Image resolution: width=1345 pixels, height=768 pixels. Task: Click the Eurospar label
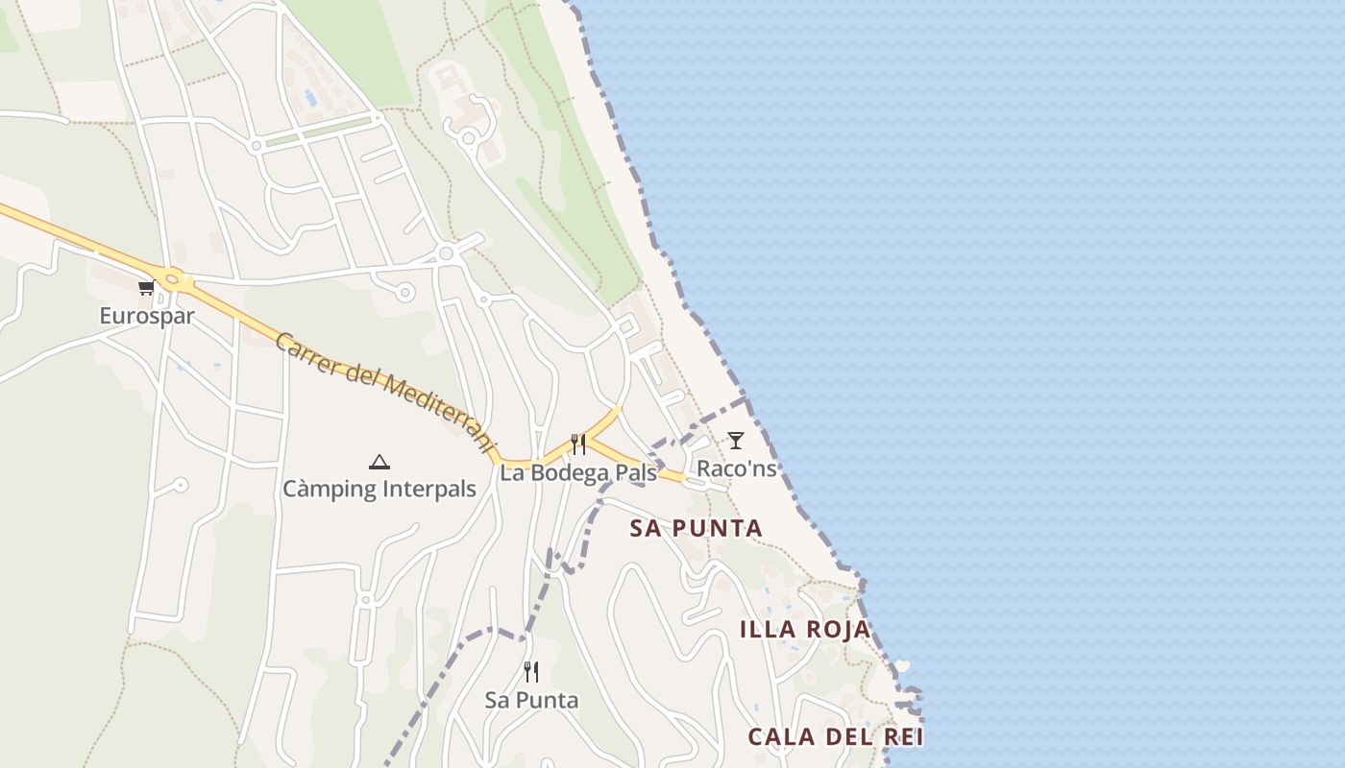tap(147, 316)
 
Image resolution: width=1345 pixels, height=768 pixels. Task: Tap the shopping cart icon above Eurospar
tap(146, 287)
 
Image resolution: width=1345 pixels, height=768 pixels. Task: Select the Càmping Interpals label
tap(379, 489)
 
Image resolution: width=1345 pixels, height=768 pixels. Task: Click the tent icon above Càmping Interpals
tap(379, 462)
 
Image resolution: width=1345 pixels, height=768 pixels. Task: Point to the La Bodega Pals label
tap(578, 472)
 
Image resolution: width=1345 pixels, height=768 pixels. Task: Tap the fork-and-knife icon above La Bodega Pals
tap(578, 444)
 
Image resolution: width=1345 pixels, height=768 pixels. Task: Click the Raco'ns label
tap(736, 468)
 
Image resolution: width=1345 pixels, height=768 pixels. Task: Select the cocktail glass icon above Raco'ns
tap(736, 441)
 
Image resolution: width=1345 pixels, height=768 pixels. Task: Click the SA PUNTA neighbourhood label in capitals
tap(696, 528)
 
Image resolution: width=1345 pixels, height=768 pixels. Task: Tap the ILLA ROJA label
tap(805, 630)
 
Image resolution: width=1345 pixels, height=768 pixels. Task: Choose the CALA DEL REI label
tap(835, 737)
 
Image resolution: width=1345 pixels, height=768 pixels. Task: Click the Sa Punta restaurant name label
tap(531, 700)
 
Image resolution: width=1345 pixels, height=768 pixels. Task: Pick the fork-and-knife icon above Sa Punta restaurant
tap(531, 672)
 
